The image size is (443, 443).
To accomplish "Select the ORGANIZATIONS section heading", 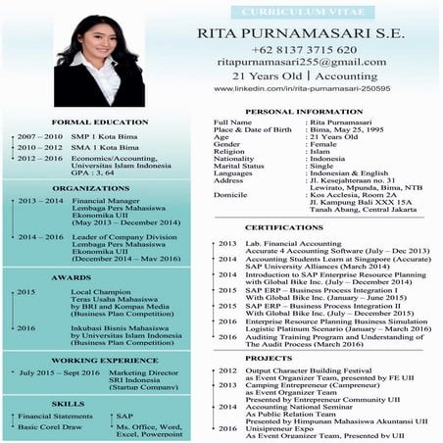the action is click(91, 186).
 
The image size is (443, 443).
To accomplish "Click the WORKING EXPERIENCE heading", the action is click(91, 361).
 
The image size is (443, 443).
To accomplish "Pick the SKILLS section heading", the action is click(91, 403).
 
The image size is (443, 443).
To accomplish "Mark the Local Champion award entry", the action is click(99, 292).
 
